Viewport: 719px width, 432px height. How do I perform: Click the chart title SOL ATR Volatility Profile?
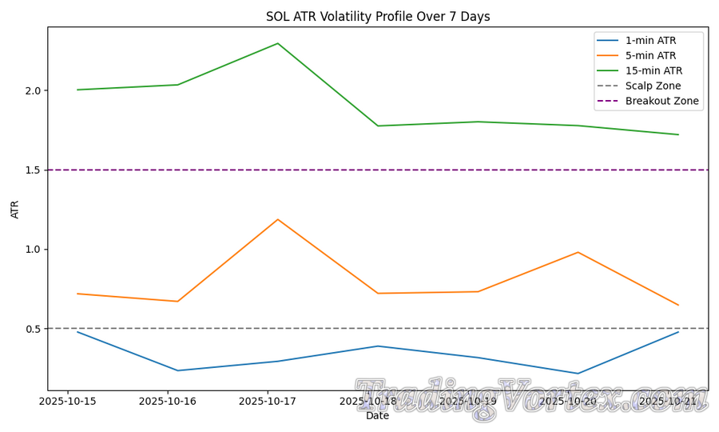coord(378,17)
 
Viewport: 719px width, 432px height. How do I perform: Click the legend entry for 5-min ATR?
coord(650,56)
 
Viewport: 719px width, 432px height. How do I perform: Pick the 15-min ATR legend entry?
coord(653,71)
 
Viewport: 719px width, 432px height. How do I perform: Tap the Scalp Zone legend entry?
coord(653,86)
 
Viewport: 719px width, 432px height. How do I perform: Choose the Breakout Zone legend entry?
coord(661,102)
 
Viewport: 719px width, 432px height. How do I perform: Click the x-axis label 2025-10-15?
coord(68,401)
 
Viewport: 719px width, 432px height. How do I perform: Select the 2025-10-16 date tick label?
coord(168,401)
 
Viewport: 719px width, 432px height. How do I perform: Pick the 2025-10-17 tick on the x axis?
coord(268,401)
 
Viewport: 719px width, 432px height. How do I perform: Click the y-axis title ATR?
coord(15,209)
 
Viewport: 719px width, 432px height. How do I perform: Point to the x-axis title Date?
coord(378,416)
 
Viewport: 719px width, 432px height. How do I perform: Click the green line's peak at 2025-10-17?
coord(278,43)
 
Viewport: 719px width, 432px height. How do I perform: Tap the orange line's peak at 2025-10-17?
coord(278,219)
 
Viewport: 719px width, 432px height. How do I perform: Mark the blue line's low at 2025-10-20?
coord(578,374)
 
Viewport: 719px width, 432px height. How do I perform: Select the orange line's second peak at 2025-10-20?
coord(578,252)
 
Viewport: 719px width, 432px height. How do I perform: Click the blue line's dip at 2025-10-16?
coord(177,370)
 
